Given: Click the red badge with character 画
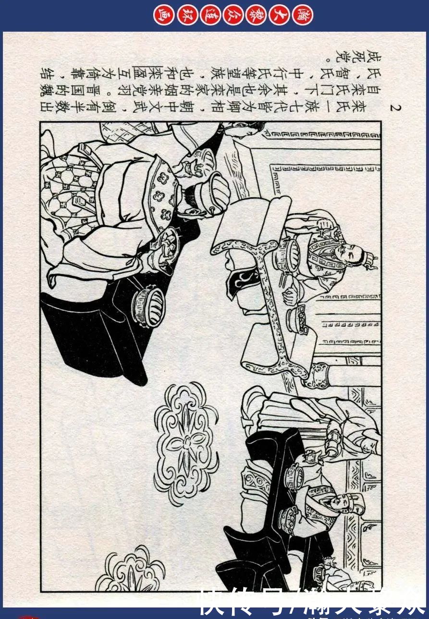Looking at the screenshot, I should point(163,15).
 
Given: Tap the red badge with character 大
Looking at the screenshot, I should point(280,15).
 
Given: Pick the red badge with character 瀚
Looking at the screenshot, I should point(303,15).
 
